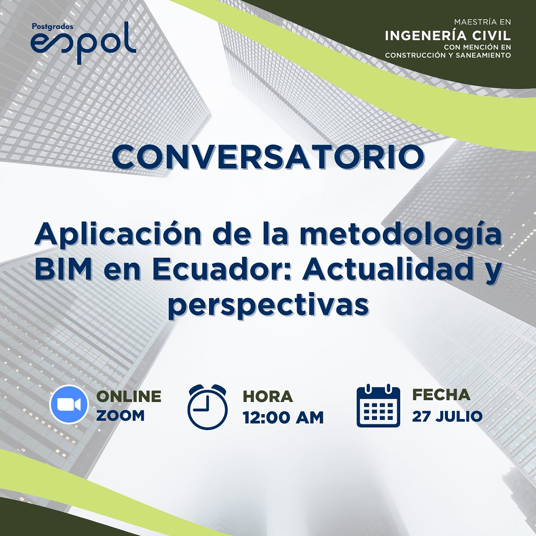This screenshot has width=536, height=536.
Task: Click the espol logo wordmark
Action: click(x=84, y=43)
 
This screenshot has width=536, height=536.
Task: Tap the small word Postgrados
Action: click(x=53, y=27)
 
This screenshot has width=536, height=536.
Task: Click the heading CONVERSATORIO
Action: click(x=268, y=158)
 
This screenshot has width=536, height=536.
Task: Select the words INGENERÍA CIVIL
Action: click(x=448, y=36)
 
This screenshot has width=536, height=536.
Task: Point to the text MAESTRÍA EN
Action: click(x=482, y=22)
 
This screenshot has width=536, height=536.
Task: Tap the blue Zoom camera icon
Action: click(x=69, y=404)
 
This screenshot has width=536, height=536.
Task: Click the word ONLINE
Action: click(x=129, y=396)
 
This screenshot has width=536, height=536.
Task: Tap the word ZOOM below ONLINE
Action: click(x=121, y=415)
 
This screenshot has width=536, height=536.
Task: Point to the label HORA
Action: click(x=268, y=396)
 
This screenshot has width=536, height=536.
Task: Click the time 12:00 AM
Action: click(x=283, y=418)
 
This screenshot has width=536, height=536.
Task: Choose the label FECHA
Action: click(x=441, y=395)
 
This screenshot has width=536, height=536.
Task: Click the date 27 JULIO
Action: click(x=447, y=416)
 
